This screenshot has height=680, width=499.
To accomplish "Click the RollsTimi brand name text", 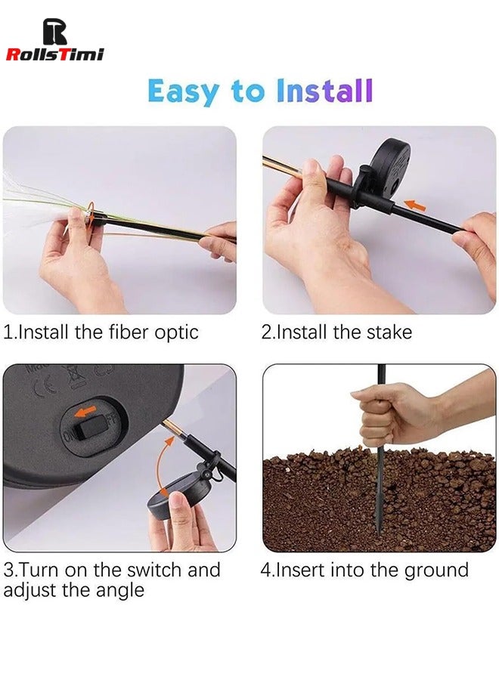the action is tap(54, 54).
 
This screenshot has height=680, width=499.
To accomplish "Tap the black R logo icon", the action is tap(54, 31).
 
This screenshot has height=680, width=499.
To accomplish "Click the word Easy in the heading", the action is tap(182, 91).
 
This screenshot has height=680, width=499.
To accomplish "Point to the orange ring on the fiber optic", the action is tap(90, 215).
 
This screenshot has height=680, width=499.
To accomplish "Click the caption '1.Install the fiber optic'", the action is tap(101, 332).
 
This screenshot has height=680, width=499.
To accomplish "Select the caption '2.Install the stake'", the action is tap(336, 332).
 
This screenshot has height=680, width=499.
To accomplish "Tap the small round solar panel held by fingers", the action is tap(178, 499).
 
